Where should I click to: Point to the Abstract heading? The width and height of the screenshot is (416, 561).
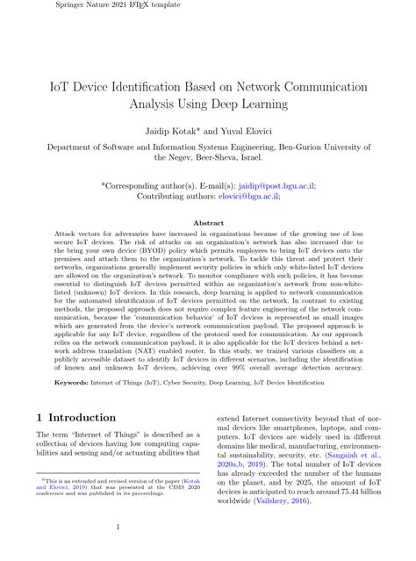[207, 224]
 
